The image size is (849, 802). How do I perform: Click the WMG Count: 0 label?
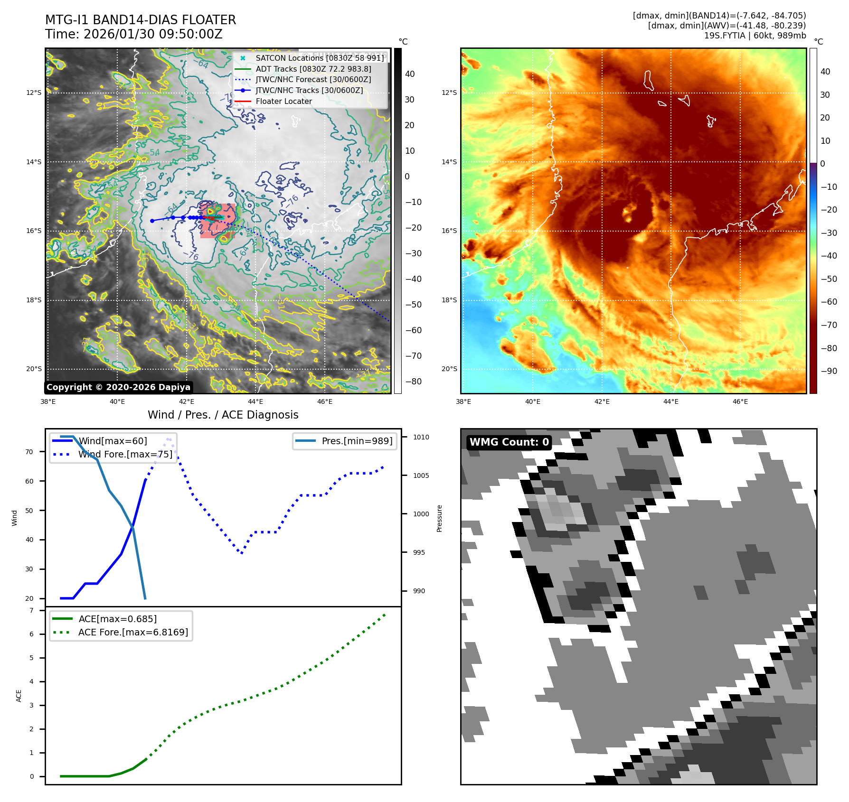pyautogui.click(x=509, y=442)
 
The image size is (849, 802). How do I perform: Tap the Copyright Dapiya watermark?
pyautogui.click(x=119, y=387)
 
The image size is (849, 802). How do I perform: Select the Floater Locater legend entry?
pyautogui.click(x=283, y=101)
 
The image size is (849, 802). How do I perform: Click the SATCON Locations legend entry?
pyautogui.click(x=320, y=58)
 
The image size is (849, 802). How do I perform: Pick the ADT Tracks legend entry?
pyautogui.click(x=313, y=69)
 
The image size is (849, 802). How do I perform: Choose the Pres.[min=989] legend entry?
pyautogui.click(x=357, y=441)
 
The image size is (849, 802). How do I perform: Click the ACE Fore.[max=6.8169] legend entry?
pyautogui.click(x=133, y=632)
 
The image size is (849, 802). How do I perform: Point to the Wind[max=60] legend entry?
pyautogui.click(x=113, y=441)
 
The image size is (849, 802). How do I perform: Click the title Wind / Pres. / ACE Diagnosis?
pyautogui.click(x=223, y=415)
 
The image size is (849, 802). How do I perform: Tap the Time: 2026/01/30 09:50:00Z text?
pyautogui.click(x=134, y=34)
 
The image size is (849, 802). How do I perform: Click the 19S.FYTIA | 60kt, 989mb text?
pyautogui.click(x=755, y=36)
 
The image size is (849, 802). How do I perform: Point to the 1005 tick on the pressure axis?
pyautogui.click(x=421, y=476)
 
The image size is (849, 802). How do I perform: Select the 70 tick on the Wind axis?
pyautogui.click(x=29, y=452)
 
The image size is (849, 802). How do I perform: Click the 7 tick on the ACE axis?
pyautogui.click(x=32, y=610)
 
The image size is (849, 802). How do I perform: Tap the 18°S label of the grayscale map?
pyautogui.click(x=34, y=300)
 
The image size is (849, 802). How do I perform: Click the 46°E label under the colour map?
pyautogui.click(x=740, y=401)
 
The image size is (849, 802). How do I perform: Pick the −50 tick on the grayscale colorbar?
pyautogui.click(x=413, y=305)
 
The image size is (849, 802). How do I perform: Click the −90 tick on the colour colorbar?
pyautogui.click(x=829, y=371)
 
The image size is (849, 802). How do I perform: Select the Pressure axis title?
pyautogui.click(x=439, y=518)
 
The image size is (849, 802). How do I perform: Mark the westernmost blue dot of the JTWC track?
pyautogui.click(x=152, y=221)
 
